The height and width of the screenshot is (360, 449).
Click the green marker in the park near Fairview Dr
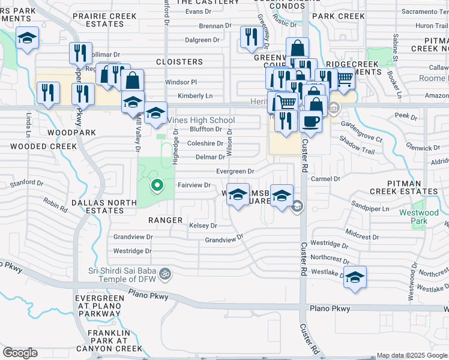click(x=157, y=185)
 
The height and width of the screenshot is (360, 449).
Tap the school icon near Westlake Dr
click(x=355, y=278)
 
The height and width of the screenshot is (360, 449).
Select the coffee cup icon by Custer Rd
click(x=310, y=122)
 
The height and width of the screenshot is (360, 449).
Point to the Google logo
click(x=20, y=353)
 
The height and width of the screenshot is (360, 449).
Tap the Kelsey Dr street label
click(x=202, y=226)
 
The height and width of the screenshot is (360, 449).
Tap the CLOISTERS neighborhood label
click(x=179, y=62)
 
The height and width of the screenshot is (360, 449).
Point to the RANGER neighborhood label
click(x=165, y=220)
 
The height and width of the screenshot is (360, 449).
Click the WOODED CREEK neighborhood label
click(x=43, y=146)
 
